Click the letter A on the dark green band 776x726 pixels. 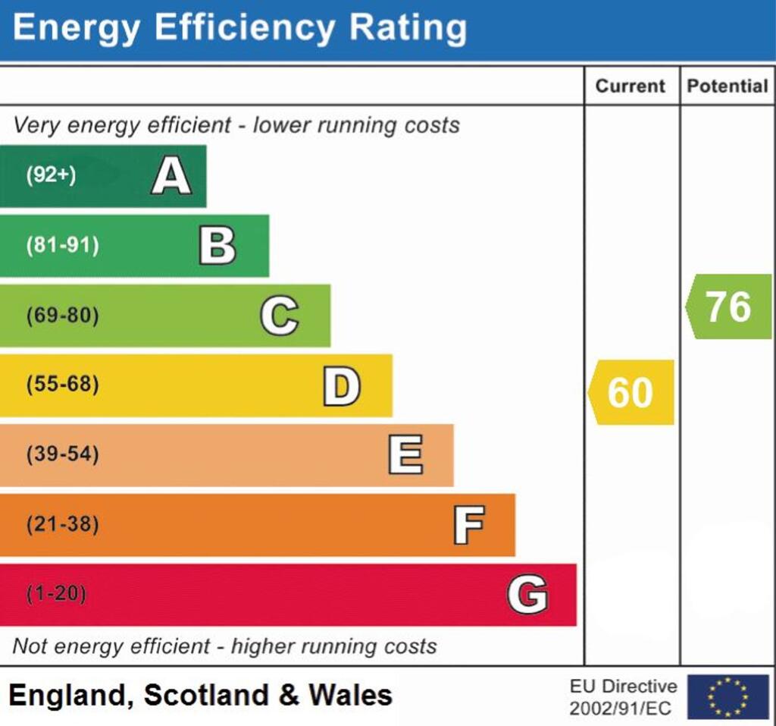[171, 177]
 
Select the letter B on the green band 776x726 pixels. [217, 246]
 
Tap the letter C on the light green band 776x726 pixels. [279, 316]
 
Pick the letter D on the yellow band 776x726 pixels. [342, 385]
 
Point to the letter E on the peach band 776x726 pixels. [405, 455]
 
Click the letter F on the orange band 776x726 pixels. [469, 525]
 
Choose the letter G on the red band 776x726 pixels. [527, 594]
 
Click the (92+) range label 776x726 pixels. [52, 176]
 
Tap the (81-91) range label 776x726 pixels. [62, 246]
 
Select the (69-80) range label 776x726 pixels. [62, 316]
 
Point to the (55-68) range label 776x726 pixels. [62, 385]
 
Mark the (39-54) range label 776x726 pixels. [62, 455]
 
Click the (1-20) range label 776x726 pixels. [56, 594]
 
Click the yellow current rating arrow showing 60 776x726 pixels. [631, 392]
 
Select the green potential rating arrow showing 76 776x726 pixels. [728, 306]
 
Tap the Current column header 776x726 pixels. [630, 86]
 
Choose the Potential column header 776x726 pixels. [727, 86]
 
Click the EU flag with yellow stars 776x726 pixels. [727, 696]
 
